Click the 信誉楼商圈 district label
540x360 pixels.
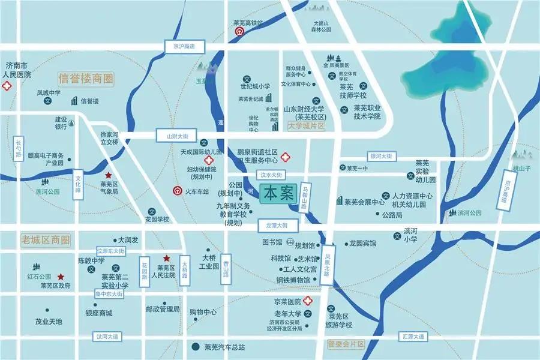click(86, 78)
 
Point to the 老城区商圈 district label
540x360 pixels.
click(45, 239)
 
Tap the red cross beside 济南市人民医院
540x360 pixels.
click(7, 87)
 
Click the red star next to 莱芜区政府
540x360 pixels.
click(61, 277)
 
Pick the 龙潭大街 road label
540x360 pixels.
click(277, 225)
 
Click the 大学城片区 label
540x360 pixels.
click(306, 126)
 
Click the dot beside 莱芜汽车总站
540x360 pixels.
click(195, 347)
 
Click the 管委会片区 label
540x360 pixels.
click(347, 344)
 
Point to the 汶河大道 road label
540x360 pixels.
click(107, 336)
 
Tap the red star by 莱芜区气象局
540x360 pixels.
click(108, 175)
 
